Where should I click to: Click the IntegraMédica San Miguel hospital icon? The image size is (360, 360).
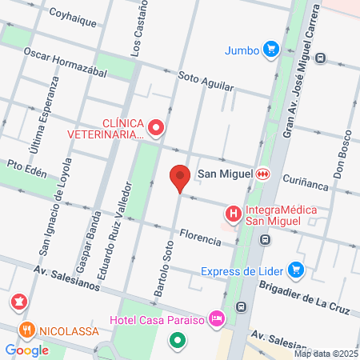233,214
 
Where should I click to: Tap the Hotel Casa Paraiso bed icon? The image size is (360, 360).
215,319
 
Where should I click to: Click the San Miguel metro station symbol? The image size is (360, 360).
262,173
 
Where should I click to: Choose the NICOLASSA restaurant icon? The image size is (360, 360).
26,329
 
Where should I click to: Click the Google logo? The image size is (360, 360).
26,350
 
